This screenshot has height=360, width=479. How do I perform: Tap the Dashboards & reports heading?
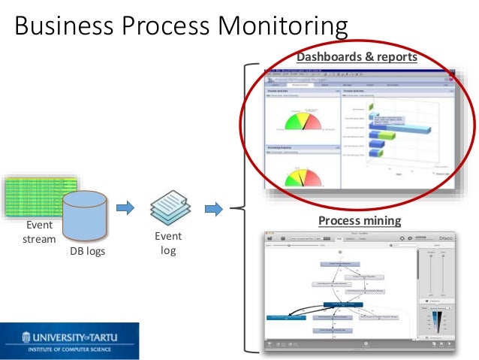click(357, 56)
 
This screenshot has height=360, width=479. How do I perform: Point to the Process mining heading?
click(360, 220)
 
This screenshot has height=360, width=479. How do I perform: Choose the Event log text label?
click(168, 244)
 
